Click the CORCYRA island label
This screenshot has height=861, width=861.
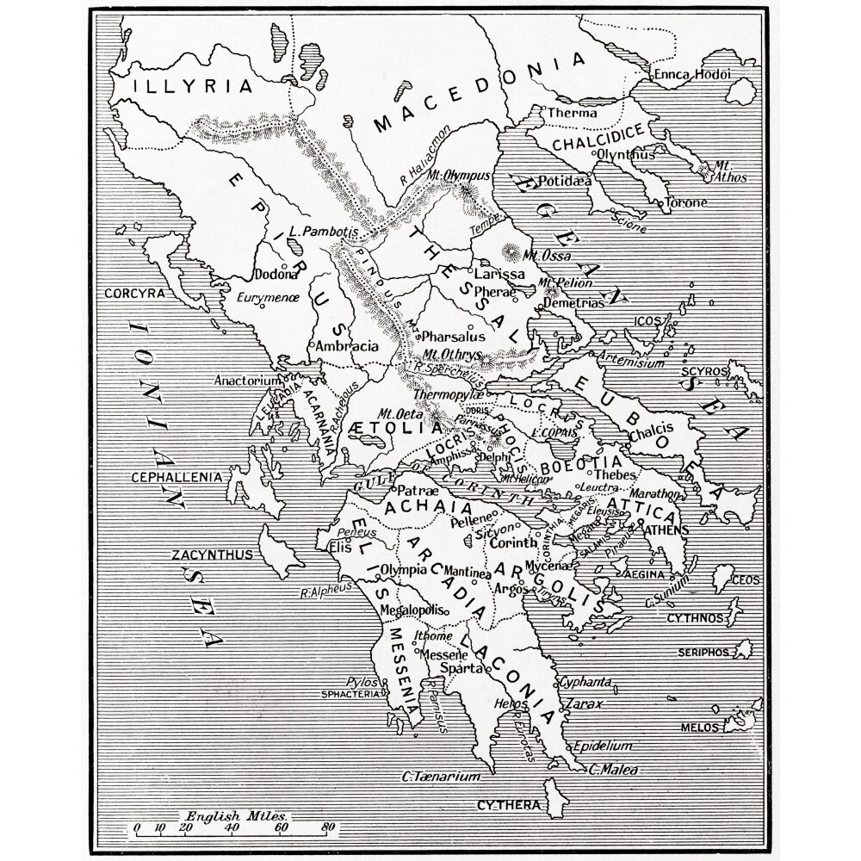coord(134,293)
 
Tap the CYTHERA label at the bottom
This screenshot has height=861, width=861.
coord(508,806)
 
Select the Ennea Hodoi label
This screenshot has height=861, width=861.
coord(692,75)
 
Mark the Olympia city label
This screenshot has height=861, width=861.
coord(404,570)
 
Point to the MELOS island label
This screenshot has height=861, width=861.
coord(699,728)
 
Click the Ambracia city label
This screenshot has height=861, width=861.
coord(347,346)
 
